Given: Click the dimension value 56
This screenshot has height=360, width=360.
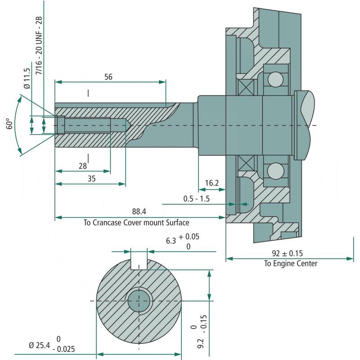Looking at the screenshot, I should [x=108, y=77].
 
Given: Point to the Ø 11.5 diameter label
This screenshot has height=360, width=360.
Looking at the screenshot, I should [x=27, y=78].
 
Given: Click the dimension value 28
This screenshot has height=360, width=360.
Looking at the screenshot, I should [x=82, y=166].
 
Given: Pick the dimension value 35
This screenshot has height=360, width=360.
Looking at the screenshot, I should [x=92, y=178].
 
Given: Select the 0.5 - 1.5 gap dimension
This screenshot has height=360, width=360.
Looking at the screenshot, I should [x=197, y=198].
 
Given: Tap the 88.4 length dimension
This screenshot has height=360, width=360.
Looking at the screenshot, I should [x=139, y=211].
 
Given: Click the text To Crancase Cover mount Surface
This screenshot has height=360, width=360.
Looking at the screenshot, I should [x=136, y=222].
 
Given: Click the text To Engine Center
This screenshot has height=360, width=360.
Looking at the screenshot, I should [x=290, y=264].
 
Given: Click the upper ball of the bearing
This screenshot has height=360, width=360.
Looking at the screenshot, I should [x=275, y=80].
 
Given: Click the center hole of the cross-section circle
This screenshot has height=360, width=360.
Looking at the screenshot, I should [x=139, y=301].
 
